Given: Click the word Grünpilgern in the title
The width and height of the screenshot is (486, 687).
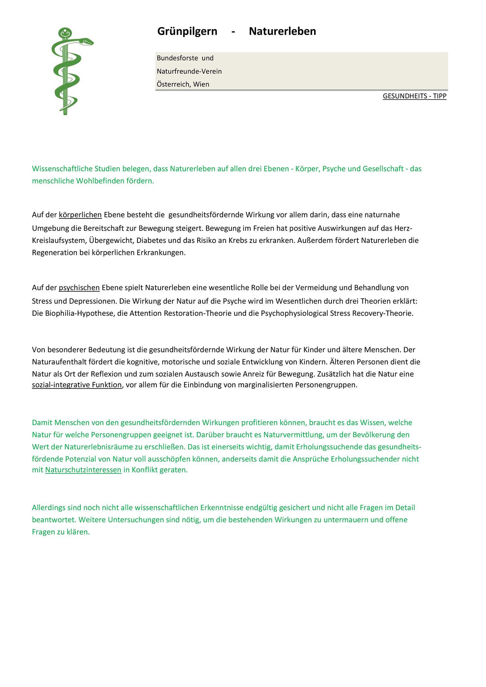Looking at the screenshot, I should click(187, 31).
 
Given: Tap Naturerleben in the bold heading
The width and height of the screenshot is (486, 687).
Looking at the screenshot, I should click(282, 31).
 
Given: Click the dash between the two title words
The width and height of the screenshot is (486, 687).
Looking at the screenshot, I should click(233, 32).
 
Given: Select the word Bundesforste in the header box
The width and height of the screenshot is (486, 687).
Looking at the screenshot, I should click(177, 58).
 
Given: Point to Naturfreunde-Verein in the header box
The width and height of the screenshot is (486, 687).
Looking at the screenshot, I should click(189, 71).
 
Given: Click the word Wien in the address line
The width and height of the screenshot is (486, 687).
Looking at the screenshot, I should click(201, 84).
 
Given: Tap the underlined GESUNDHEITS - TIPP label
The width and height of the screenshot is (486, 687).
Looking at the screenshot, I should click(414, 96).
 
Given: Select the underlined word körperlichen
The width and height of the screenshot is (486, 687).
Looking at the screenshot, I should click(80, 215).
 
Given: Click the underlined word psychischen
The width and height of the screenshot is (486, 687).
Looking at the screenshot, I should click(79, 288).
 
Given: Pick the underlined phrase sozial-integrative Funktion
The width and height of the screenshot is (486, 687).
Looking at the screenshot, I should click(77, 385).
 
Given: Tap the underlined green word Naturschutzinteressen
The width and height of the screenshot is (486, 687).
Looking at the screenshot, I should click(83, 470).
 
